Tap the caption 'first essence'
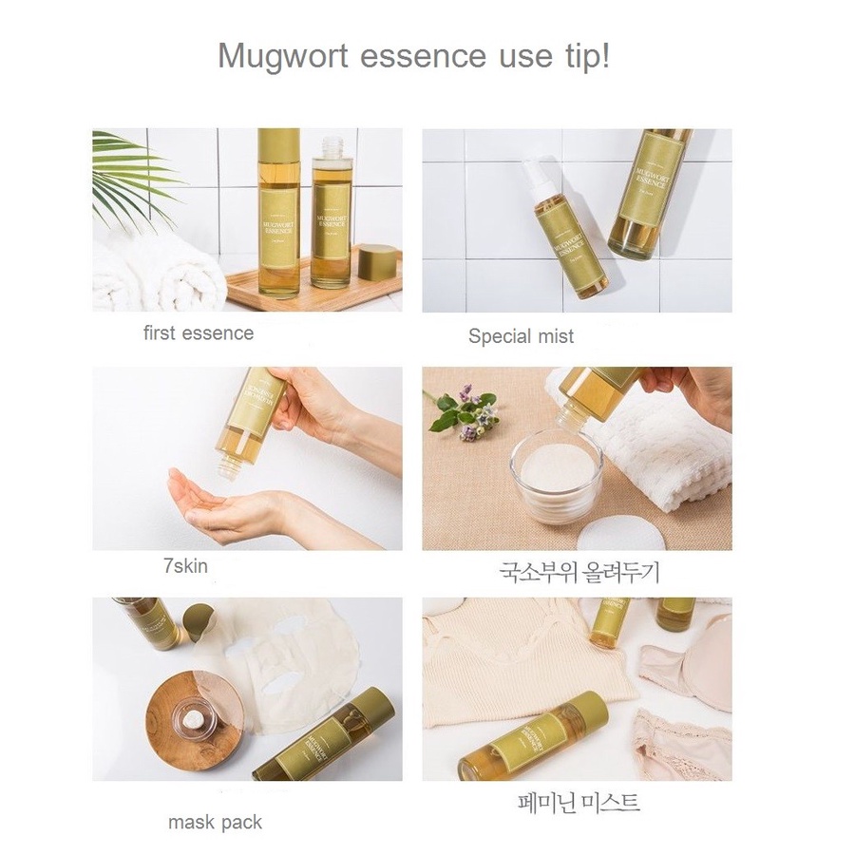(x=199, y=333)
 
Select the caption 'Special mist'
(x=521, y=336)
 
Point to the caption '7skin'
(x=185, y=566)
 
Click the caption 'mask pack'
(x=215, y=822)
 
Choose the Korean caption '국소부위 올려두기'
(x=578, y=573)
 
